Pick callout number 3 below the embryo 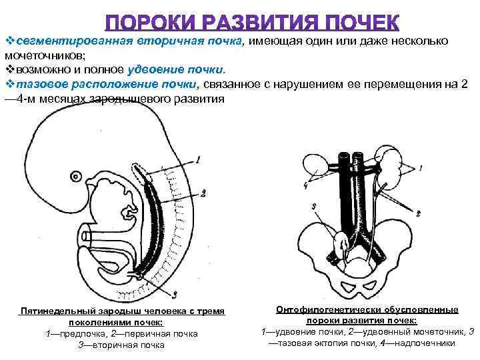pyautogui.click(x=173, y=294)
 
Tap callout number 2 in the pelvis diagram pyautogui.click(x=418, y=213)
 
